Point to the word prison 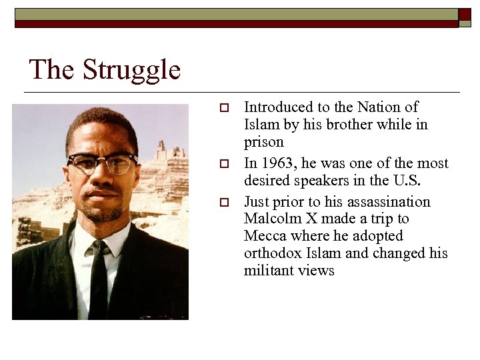264,142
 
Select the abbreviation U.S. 407,181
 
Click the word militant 269,271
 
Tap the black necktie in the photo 99,280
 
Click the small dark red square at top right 465,14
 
